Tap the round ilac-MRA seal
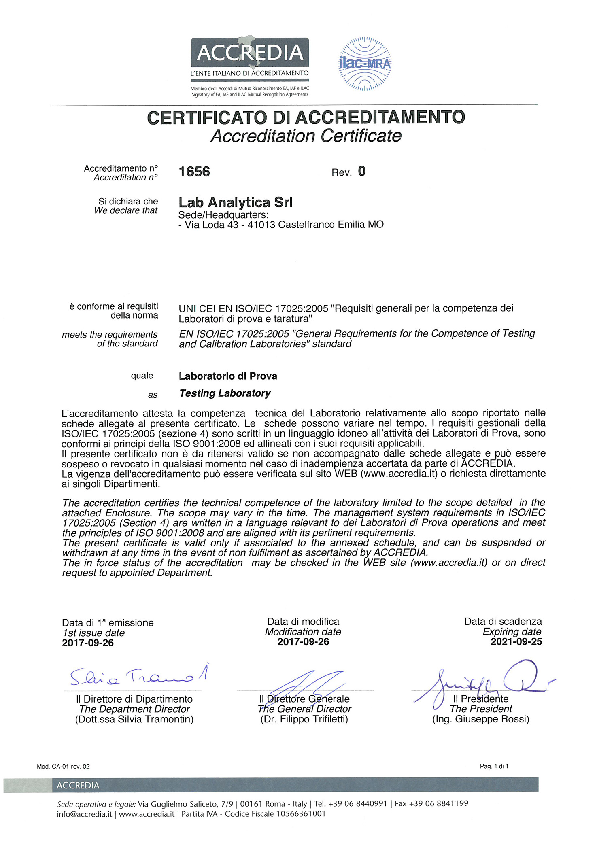(365, 64)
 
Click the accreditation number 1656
(194, 172)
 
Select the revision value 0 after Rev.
(361, 171)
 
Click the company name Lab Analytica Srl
(236, 202)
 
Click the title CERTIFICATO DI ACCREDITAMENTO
(306, 118)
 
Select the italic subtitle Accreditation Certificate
(306, 136)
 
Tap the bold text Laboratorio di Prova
(228, 376)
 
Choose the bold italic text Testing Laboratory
(225, 393)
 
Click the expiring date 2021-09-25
(516, 642)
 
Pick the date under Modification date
(303, 642)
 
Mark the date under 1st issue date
(88, 643)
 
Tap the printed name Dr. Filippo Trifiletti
(304, 719)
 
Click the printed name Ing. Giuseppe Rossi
(481, 719)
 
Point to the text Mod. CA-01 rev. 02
(63, 767)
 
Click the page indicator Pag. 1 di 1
(494, 766)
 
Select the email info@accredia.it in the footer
(84, 814)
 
